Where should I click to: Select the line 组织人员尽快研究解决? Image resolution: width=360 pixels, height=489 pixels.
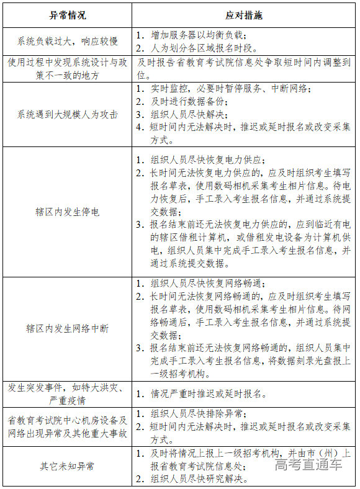(x=197, y=478)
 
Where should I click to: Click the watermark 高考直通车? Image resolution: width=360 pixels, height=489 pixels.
(x=308, y=465)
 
